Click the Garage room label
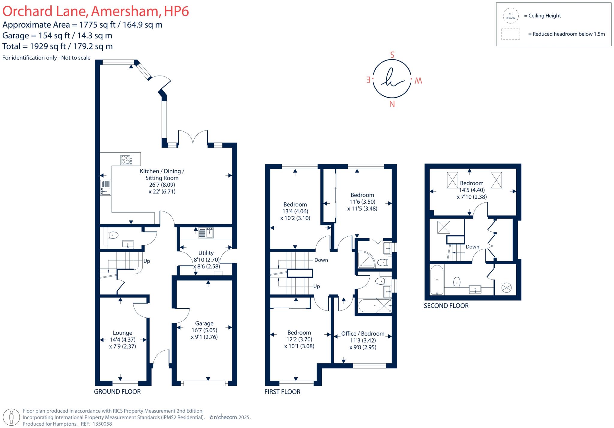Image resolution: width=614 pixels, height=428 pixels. [204, 323]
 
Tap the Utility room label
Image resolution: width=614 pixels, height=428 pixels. [206, 253]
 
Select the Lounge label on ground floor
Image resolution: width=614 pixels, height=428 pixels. [122, 333]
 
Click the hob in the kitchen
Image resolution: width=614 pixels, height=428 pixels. [126, 160]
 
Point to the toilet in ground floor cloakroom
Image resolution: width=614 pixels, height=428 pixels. [113, 235]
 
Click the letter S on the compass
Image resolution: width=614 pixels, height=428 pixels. [392, 55]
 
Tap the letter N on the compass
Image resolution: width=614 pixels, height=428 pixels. [392, 104]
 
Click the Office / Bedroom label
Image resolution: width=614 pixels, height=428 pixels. [363, 334]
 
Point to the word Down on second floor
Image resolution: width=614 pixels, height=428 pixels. [472, 247]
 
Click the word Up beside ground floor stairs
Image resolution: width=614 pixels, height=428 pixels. [147, 261]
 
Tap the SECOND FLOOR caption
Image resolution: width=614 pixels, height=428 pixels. [446, 306]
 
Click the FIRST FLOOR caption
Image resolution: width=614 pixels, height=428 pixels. [282, 391]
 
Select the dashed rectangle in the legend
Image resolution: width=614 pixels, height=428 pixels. [511, 34]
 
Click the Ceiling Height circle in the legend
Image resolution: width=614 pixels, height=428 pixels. [511, 16]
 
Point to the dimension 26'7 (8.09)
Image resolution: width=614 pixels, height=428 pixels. [162, 185]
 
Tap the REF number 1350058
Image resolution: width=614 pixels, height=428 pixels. [103, 424]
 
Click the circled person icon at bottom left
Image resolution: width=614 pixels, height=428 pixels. [12, 417]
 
